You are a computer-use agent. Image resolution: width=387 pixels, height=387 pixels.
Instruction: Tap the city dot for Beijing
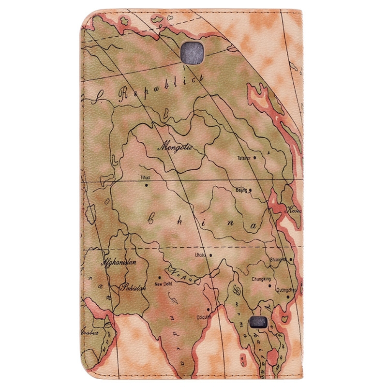coord(251,190)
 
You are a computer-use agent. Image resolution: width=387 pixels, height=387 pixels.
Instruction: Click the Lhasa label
coord(200,254)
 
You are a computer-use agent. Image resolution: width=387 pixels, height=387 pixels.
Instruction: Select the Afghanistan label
coord(119,263)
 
